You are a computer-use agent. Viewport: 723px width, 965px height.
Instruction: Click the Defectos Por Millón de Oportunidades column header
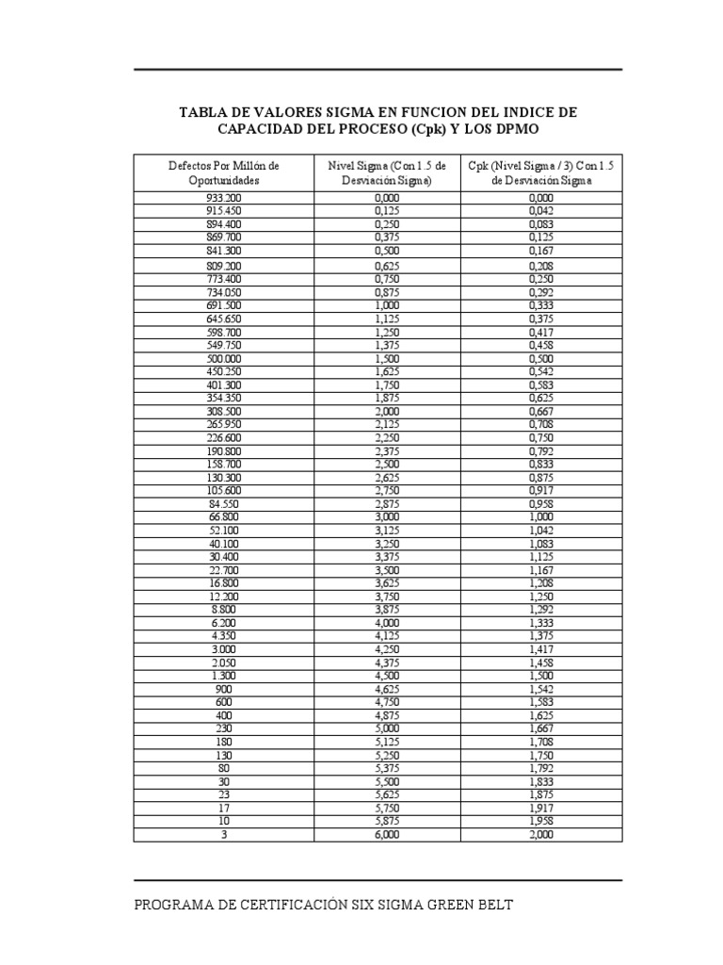tap(223, 172)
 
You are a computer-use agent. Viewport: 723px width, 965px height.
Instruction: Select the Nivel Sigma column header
tap(387, 172)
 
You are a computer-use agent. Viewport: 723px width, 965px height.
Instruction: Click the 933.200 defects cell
tap(223, 198)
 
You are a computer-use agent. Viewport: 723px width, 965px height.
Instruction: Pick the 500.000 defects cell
tap(223, 359)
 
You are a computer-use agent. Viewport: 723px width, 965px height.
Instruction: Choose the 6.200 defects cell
tap(223, 623)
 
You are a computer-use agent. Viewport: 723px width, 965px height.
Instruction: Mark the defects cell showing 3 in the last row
tap(223, 835)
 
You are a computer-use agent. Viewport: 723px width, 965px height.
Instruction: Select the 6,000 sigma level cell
tap(387, 835)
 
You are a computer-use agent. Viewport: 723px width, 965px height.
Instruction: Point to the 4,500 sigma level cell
tap(387, 676)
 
